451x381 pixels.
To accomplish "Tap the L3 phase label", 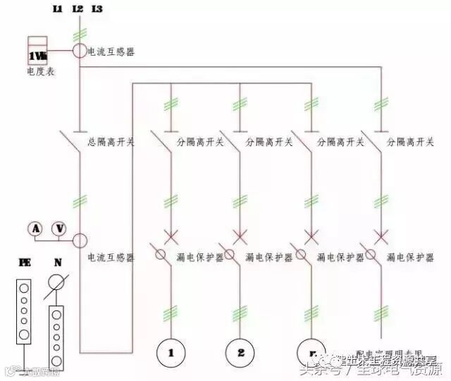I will click(x=97, y=9).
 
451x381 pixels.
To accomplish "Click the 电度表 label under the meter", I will click(x=40, y=71).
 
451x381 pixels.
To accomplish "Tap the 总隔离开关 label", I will click(x=111, y=142).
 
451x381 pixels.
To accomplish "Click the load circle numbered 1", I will click(x=171, y=351).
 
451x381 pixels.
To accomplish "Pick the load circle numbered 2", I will click(x=240, y=351).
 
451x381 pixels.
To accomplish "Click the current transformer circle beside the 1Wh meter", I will click(x=78, y=52).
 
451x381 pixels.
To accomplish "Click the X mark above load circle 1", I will click(x=171, y=235).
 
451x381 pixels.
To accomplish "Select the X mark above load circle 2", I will click(x=240, y=235).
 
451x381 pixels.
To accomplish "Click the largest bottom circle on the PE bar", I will click(x=25, y=334).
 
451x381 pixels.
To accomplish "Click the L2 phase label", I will click(x=77, y=9).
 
